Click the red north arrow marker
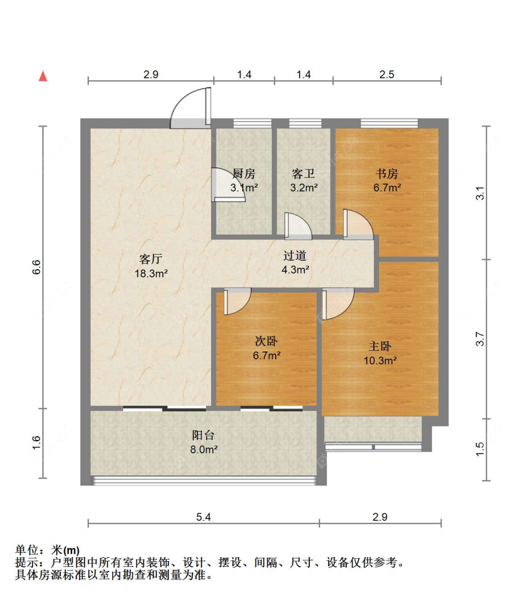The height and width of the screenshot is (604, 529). point(43,76)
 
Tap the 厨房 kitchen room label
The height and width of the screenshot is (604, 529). point(244,173)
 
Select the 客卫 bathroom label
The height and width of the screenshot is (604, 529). point(303,173)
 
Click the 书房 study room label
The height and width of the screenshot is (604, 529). point(387,173)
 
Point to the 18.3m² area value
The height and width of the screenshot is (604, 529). point(151,274)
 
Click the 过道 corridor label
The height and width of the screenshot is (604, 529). point(295,256)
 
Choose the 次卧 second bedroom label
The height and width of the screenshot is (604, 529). point(267,341)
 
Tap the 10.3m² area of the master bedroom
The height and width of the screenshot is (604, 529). point(380,361)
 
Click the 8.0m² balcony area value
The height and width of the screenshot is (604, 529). point(204,449)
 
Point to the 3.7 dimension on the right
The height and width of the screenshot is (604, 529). point(480,339)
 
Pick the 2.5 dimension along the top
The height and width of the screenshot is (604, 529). point(387,74)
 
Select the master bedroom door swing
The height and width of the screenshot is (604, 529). point(346,310)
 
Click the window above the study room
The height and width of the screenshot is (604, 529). point(389,123)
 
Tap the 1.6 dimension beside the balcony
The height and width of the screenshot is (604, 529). point(36,442)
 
